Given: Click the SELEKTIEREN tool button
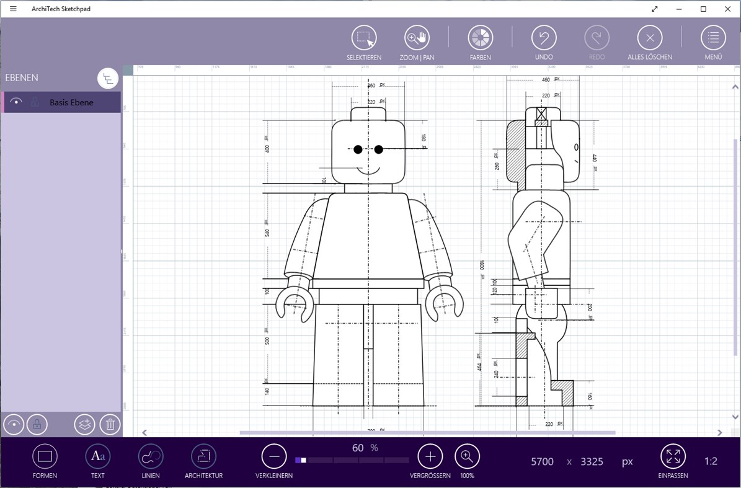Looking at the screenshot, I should coord(364,38).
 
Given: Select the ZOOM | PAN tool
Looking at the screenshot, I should coord(417,38).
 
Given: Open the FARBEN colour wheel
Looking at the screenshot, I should coord(480,38).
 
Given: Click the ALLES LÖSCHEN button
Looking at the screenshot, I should coord(649,38).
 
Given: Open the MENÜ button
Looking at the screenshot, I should coord(713,38).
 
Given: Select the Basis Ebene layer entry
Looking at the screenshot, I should coord(71,102).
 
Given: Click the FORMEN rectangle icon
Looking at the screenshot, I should coord(45,457).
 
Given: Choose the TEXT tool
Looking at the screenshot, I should coord(97,457).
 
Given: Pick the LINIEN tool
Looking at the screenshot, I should coord(151,457).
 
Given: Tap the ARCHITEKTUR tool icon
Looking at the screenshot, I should coord(203,457).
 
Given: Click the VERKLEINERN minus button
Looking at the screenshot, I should coord(274,457).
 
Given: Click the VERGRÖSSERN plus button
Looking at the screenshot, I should coord(430,457).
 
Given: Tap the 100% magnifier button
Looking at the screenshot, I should coord(467,457).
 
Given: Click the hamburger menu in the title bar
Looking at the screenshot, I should coord(13,9).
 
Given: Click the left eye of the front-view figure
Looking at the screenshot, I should coord(358,149).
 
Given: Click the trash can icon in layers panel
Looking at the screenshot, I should coord(110,425).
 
